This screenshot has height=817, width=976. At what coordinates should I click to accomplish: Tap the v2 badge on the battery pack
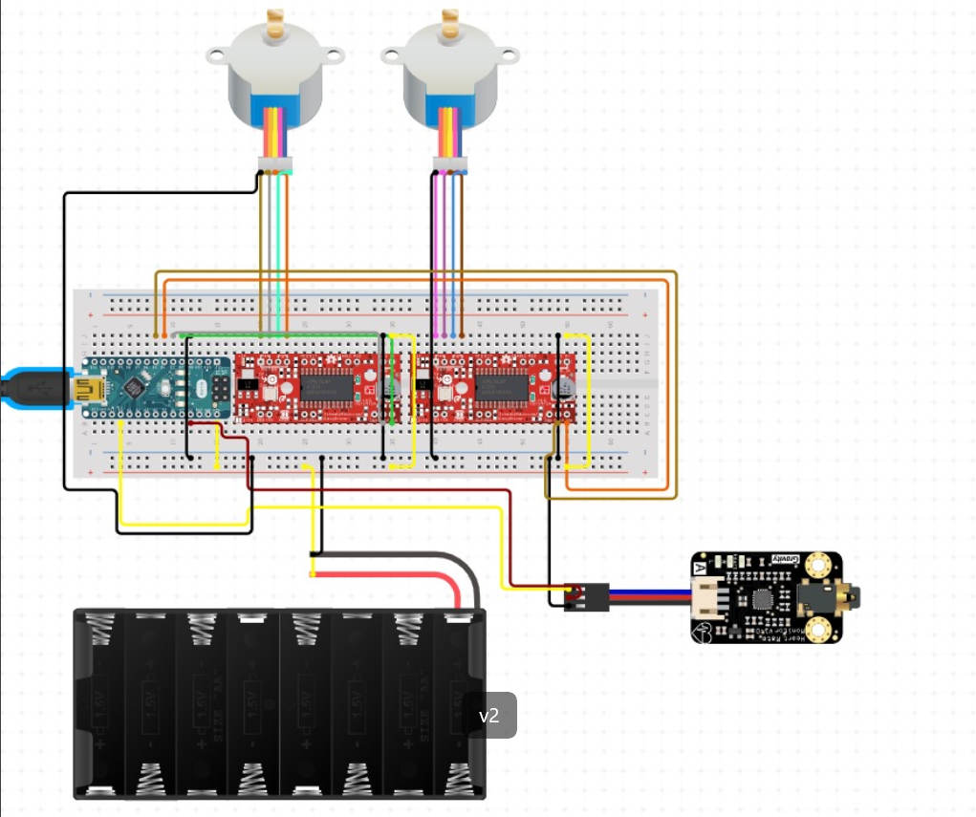[488, 716]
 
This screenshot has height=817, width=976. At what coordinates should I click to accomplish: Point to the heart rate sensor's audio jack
[846, 598]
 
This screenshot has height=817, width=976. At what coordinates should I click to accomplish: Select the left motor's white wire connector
[275, 161]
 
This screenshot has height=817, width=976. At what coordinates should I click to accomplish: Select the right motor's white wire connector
[448, 161]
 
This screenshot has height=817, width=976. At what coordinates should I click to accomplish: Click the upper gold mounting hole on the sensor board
[818, 567]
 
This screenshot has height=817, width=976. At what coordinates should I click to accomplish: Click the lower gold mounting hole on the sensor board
[818, 630]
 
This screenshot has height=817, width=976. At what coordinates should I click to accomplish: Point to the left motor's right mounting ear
[333, 54]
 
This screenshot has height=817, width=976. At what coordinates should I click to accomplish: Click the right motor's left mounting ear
[392, 54]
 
